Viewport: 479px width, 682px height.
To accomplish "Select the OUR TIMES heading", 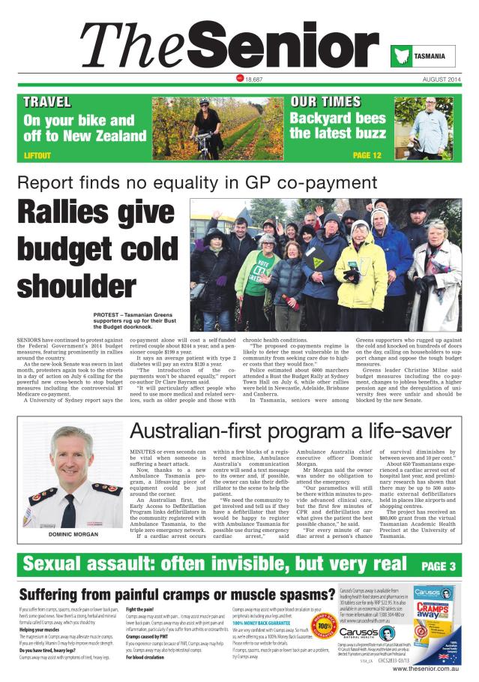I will point(325,101).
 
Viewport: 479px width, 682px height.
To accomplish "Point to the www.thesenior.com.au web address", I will point(424,668).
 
